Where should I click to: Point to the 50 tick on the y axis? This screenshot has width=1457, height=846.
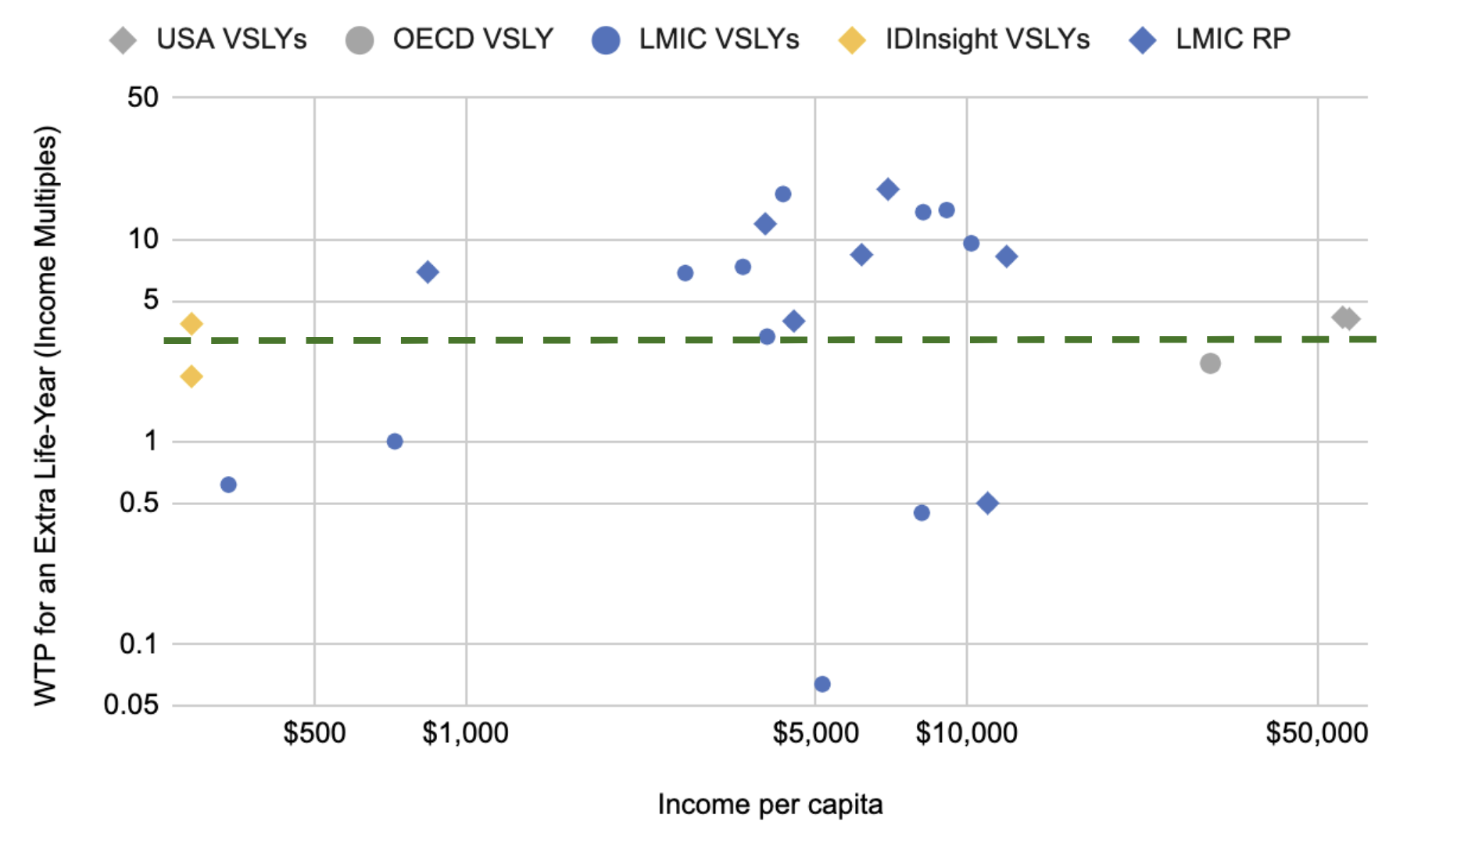(x=143, y=98)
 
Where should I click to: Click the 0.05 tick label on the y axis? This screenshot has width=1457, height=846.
(x=131, y=704)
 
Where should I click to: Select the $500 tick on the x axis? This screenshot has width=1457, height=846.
(x=314, y=733)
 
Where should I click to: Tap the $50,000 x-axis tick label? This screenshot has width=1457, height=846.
(x=1317, y=733)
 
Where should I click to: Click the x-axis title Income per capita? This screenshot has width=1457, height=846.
(x=770, y=805)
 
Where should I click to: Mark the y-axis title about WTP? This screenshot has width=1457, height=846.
(x=46, y=414)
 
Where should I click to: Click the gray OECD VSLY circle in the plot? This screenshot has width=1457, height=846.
(x=1210, y=364)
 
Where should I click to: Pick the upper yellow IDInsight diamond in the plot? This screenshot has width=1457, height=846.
(x=192, y=324)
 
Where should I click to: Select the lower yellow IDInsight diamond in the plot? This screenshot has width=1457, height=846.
(x=192, y=377)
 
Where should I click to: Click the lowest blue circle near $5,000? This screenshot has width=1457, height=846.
(x=822, y=684)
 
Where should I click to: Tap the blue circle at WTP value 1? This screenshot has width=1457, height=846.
(x=395, y=442)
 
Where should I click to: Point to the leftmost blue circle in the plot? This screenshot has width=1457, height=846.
(x=228, y=485)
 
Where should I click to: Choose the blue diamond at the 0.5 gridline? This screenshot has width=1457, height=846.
(x=987, y=504)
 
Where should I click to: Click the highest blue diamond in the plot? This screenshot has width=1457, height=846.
(x=887, y=189)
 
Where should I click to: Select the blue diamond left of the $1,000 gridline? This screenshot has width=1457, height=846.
(x=428, y=272)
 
